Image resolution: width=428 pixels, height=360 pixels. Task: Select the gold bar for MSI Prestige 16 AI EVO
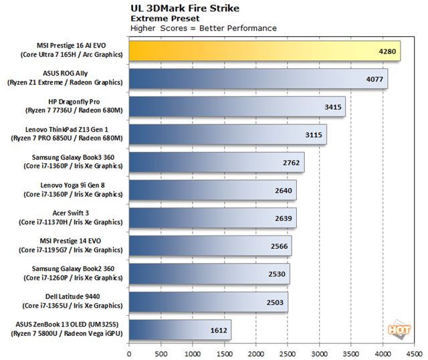(x=264, y=51)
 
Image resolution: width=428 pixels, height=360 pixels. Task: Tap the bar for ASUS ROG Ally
(x=258, y=78)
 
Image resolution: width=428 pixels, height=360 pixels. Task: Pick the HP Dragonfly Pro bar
(x=237, y=106)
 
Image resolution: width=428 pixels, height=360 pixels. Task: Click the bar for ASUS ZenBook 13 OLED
(x=180, y=329)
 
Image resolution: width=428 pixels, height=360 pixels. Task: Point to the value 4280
(x=389, y=52)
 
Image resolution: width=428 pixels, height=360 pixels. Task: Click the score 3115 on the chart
(x=314, y=135)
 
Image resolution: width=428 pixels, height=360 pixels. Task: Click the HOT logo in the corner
(x=397, y=329)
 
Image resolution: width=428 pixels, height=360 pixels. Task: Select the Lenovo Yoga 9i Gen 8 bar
(x=213, y=190)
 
